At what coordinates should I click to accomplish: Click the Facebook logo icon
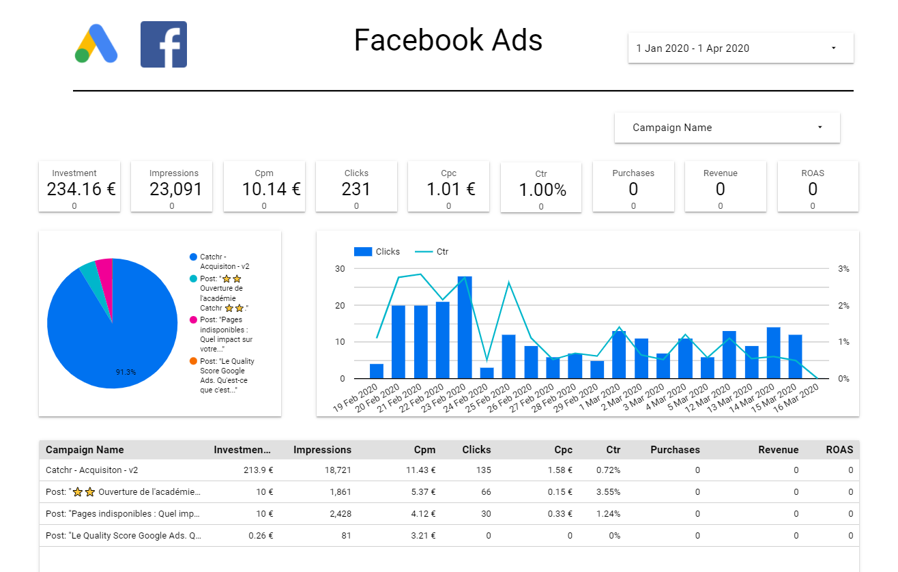coord(164,44)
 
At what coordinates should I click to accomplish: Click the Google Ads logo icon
coord(96,44)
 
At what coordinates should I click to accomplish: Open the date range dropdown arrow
coord(833,48)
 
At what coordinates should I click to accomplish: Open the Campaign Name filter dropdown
coord(727,128)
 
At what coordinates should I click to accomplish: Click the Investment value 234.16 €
coord(81,189)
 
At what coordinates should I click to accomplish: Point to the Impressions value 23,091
coord(175,189)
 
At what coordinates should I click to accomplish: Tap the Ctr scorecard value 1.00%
coord(542,190)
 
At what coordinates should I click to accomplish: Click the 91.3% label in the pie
coord(126,372)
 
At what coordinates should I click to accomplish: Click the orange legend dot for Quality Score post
coord(193,361)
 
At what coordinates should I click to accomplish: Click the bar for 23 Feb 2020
coord(465,328)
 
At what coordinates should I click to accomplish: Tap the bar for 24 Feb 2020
coord(487,373)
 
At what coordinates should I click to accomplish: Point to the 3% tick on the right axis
coord(843,269)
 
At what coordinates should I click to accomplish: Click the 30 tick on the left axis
coord(339,269)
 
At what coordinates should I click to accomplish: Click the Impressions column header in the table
coord(322,450)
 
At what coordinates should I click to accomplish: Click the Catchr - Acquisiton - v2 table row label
coord(91,470)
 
